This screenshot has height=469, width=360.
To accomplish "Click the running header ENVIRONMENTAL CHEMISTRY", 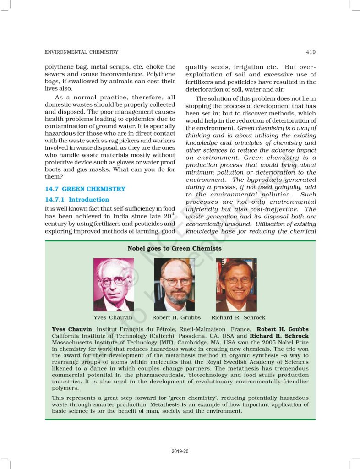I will point(81,52).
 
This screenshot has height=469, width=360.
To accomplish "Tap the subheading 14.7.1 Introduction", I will point(77,200).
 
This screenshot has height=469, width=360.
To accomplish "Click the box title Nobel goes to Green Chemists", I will point(174,248).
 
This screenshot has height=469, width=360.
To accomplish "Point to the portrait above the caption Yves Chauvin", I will point(114,284).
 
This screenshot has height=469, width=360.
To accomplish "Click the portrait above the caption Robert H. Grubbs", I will point(174,284).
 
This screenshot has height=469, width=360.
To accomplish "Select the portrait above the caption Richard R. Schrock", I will point(236,284).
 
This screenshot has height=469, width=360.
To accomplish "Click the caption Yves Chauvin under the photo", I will point(113,317).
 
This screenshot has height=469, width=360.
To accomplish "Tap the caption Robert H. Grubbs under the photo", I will point(176,317).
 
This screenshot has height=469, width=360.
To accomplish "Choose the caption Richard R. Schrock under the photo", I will point(238,317).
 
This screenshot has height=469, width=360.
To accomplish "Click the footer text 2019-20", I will point(180,452).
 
